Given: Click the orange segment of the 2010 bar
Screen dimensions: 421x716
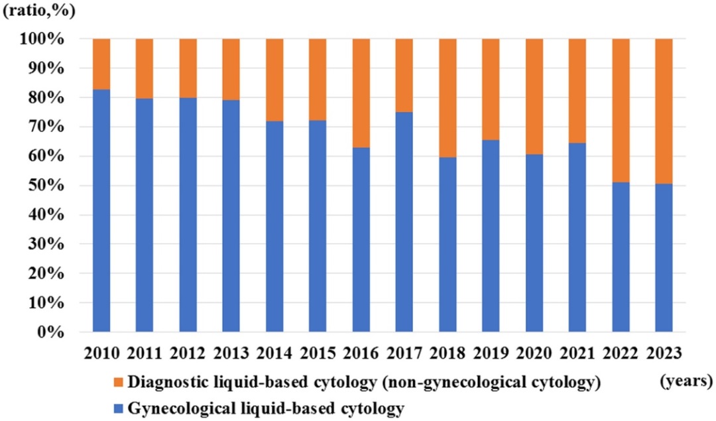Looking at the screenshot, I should tap(101, 64).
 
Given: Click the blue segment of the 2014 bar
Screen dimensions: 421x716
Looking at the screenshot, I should tap(274, 226).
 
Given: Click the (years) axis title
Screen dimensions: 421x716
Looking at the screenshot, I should tap(686, 381).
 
